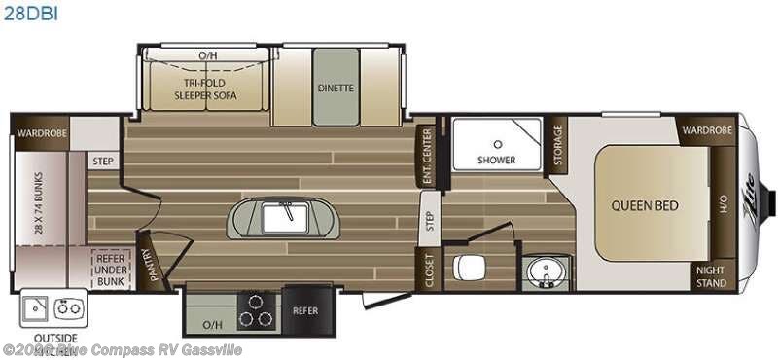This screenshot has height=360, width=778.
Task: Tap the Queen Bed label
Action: (645, 205)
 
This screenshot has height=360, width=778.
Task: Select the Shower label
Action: (496, 160)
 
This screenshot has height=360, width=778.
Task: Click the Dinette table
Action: (335, 88)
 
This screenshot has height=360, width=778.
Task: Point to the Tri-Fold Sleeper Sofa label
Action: (206, 90)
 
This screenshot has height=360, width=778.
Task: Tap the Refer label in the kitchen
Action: (306, 311)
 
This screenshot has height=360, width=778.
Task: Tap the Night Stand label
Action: (710, 277)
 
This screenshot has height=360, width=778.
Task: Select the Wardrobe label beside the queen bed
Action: (706, 130)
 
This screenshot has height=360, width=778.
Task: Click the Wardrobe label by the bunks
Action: (39, 130)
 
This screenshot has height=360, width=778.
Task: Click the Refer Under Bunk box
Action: (111, 269)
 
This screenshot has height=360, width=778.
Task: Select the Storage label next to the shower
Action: (558, 147)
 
